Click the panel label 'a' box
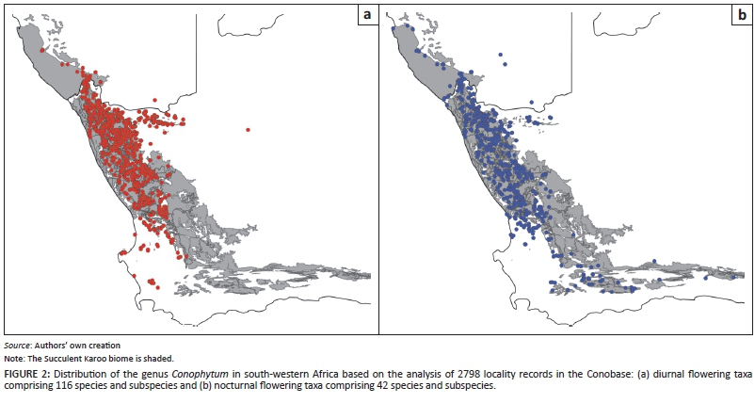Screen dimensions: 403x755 click(366, 15)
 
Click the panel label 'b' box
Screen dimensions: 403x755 click(743, 15)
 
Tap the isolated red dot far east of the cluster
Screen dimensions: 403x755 click(248, 129)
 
